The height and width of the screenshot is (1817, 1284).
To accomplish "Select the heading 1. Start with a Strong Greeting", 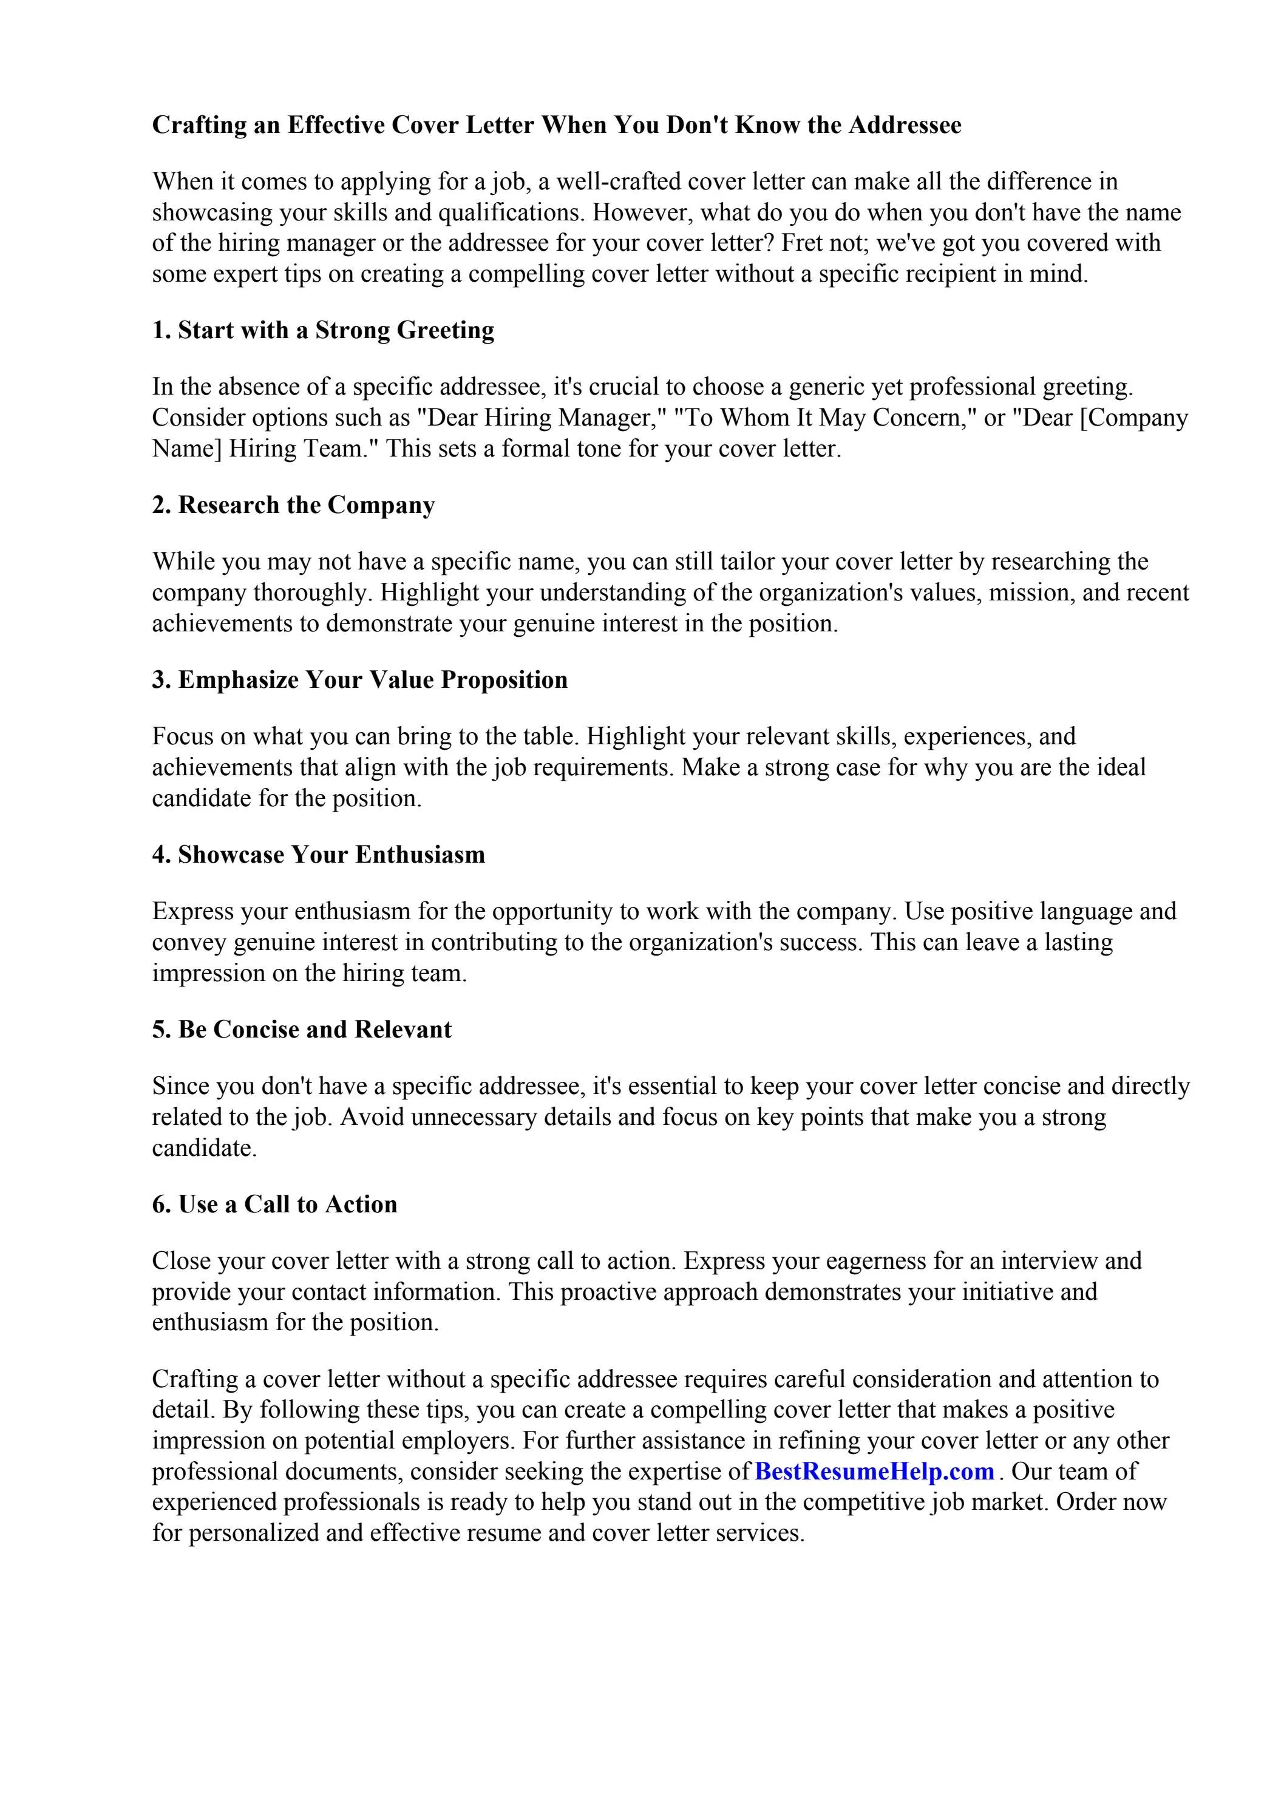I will click(323, 330).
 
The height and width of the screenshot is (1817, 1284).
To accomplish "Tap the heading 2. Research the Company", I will click(294, 505).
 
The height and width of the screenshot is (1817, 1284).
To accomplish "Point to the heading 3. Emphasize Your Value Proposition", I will click(359, 680).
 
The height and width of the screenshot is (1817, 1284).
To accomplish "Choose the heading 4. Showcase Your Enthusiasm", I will click(318, 855).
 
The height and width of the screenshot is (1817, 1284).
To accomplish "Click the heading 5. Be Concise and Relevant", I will click(302, 1030).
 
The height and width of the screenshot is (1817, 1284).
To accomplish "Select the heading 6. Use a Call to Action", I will click(274, 1204).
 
